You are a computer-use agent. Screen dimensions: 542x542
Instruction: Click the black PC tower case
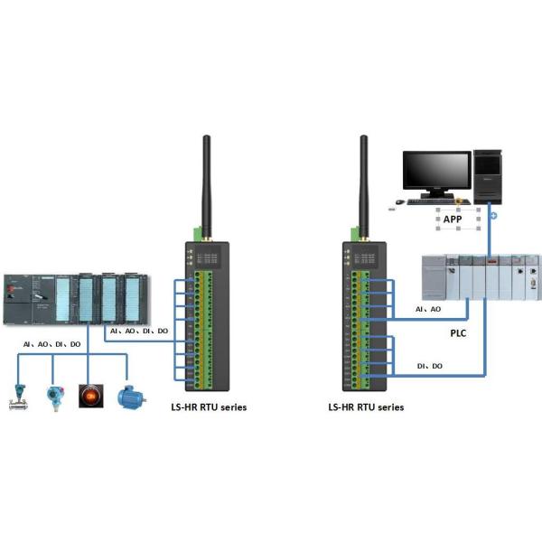[488, 175]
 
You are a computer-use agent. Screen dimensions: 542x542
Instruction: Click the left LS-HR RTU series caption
[209, 407]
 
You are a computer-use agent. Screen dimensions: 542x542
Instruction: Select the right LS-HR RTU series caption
[366, 407]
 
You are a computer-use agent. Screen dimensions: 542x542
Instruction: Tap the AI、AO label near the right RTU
[428, 309]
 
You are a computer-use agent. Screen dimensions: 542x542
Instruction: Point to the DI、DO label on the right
[430, 366]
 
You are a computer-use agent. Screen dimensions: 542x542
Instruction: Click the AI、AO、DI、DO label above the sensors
[52, 345]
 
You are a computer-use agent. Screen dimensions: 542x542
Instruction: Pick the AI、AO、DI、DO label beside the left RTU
[138, 332]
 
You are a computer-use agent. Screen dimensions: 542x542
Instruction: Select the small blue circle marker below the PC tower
[492, 217]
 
